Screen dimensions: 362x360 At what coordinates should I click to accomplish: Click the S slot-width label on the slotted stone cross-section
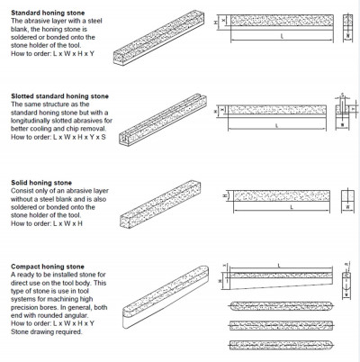coord(347,94)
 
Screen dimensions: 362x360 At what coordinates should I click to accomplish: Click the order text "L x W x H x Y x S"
coord(70,137)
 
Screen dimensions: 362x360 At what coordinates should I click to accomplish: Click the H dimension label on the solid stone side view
coord(223,192)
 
